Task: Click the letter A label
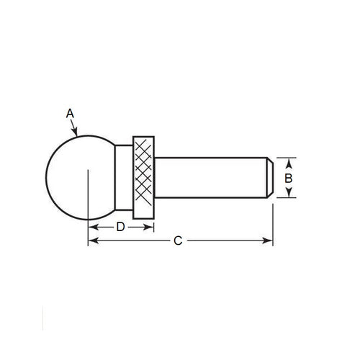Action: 70,113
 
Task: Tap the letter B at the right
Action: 288,177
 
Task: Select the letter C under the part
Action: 178,241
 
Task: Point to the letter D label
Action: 121,227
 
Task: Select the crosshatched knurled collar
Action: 144,176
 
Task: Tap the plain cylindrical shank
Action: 209,176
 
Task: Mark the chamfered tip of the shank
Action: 269,176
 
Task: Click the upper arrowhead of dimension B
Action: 288,160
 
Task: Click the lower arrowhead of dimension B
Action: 288,194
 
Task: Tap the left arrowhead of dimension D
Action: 91,227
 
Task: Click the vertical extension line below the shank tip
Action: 273,223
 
